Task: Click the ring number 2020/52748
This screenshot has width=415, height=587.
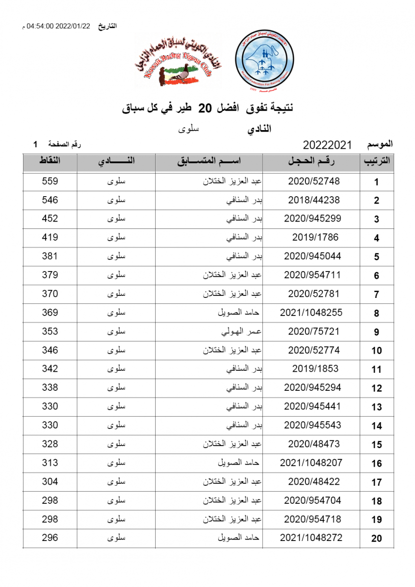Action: coord(314,181)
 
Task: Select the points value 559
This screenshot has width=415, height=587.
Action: coord(50,181)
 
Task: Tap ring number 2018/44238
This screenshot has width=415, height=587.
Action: coord(314,200)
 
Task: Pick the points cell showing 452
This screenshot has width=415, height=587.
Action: coord(50,219)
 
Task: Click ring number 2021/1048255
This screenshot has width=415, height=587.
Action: coord(311,313)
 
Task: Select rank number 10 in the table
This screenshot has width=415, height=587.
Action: coord(376,351)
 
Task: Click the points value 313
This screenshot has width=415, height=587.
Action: coord(50,463)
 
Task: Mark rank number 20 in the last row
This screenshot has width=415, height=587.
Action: coord(376,539)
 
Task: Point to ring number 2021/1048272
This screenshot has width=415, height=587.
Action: coord(311,538)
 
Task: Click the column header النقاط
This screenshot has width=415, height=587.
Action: coord(50,161)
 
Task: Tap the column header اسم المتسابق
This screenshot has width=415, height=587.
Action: coord(209,161)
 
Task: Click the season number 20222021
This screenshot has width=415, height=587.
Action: coord(327,145)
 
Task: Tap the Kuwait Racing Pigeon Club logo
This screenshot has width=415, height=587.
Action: coord(177,60)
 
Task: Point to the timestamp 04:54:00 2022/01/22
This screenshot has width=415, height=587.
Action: coord(59,26)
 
